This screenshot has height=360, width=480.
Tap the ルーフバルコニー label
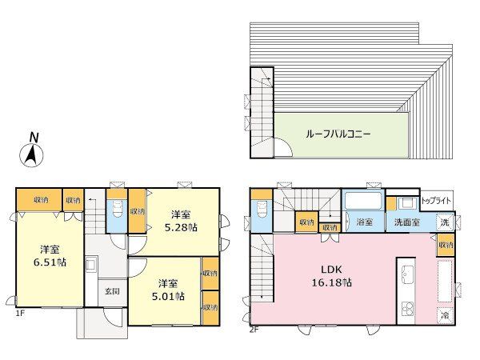(x=338, y=134)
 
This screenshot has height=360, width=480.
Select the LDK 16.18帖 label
(x=331, y=276)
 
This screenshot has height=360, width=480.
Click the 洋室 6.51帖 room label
(x=50, y=256)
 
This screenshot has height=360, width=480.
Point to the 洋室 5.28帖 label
(x=181, y=221)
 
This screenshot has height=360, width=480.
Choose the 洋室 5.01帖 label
(x=168, y=290)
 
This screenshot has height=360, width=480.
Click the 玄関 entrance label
(x=112, y=291)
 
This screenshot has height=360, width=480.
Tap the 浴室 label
(x=364, y=222)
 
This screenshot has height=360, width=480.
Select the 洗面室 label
(x=407, y=222)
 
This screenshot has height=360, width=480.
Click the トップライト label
(x=436, y=201)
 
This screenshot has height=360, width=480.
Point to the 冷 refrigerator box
(x=445, y=315)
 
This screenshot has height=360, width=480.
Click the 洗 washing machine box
(x=445, y=222)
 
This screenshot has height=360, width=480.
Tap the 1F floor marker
(x=20, y=313)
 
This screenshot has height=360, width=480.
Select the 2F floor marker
(x=254, y=330)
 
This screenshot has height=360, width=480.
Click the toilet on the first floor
(x=117, y=210)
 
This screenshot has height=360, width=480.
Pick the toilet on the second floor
(x=261, y=210)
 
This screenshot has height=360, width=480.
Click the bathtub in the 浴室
(x=363, y=201)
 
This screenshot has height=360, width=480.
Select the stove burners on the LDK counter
(x=406, y=309)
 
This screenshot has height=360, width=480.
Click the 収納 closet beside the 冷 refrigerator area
(x=446, y=246)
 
